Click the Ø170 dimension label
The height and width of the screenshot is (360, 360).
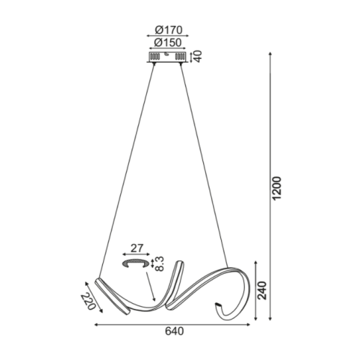[x=168, y=30]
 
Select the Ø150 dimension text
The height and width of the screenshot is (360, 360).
[x=168, y=42]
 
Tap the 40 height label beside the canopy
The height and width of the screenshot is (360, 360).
[x=198, y=57]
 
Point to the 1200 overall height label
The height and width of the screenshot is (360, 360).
[x=276, y=188]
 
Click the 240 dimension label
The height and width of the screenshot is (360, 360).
[x=262, y=290]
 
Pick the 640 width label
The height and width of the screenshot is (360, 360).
[x=174, y=331]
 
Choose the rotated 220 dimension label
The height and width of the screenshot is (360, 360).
[x=88, y=302]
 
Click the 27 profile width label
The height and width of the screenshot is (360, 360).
[x=137, y=248]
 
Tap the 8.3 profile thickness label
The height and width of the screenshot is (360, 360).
[x=159, y=264]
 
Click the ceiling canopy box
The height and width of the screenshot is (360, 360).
[x=167, y=57]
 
